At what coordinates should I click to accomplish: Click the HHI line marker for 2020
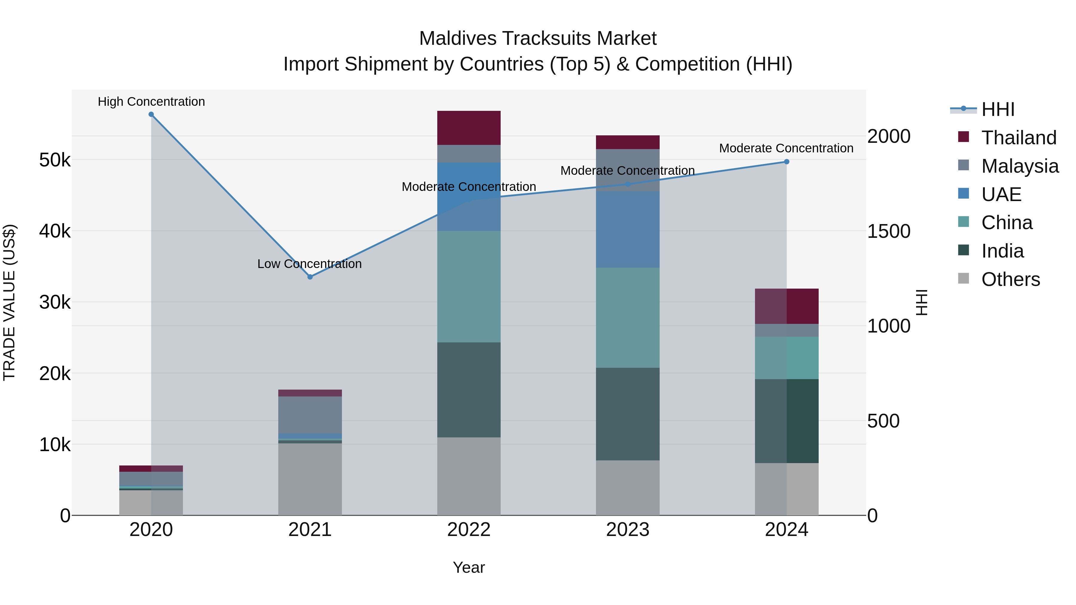(151, 114)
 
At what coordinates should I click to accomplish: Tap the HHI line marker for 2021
(310, 277)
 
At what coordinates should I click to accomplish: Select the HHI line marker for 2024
(787, 162)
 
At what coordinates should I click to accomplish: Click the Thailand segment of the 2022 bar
(469, 128)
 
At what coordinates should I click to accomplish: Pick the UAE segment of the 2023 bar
(627, 230)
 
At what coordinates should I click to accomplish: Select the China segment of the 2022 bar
(469, 287)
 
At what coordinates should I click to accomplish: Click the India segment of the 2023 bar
(627, 414)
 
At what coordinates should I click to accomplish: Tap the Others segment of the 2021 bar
(310, 479)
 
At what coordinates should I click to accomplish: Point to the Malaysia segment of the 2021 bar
(310, 415)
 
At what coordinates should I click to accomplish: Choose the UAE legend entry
(1001, 194)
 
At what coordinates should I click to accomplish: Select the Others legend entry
(1011, 279)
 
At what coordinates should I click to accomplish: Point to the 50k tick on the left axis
(55, 160)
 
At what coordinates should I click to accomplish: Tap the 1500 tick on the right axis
(889, 231)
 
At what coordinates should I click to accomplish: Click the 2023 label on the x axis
(627, 530)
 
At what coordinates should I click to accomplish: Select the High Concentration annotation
(151, 102)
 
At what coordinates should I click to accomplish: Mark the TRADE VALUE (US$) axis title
(9, 302)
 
